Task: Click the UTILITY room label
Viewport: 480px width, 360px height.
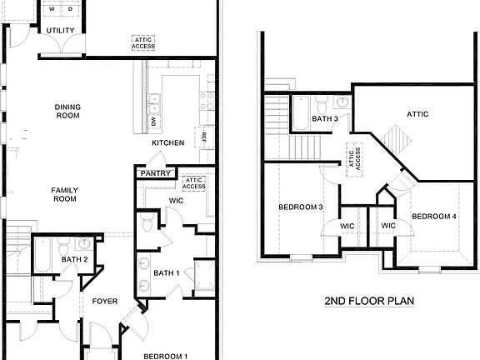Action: pyautogui.click(x=60, y=31)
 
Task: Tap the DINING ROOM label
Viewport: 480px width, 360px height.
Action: pyautogui.click(x=67, y=111)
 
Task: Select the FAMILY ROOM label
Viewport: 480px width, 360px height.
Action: pyautogui.click(x=64, y=194)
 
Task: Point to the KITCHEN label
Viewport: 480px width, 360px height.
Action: pyautogui.click(x=167, y=143)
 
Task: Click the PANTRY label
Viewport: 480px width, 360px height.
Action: pyautogui.click(x=156, y=173)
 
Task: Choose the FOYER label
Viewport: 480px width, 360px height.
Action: pyautogui.click(x=104, y=301)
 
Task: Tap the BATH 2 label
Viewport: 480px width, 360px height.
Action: pyautogui.click(x=74, y=260)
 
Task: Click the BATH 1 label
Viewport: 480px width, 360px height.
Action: pyautogui.click(x=166, y=273)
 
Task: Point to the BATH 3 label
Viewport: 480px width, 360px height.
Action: pyautogui.click(x=325, y=119)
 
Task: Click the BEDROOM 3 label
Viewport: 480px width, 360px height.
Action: pyautogui.click(x=301, y=207)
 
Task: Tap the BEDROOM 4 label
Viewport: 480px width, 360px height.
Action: pyautogui.click(x=434, y=217)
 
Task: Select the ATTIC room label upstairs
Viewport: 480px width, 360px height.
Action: pyautogui.click(x=417, y=114)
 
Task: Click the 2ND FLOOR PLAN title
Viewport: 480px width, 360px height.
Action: pyautogui.click(x=370, y=301)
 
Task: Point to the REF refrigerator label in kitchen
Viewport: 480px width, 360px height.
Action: pyautogui.click(x=202, y=136)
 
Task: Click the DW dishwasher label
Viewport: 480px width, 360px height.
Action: pyautogui.click(x=154, y=122)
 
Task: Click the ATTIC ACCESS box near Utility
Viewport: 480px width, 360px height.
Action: pyautogui.click(x=142, y=42)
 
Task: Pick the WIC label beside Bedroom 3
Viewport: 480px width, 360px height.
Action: pyautogui.click(x=347, y=225)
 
